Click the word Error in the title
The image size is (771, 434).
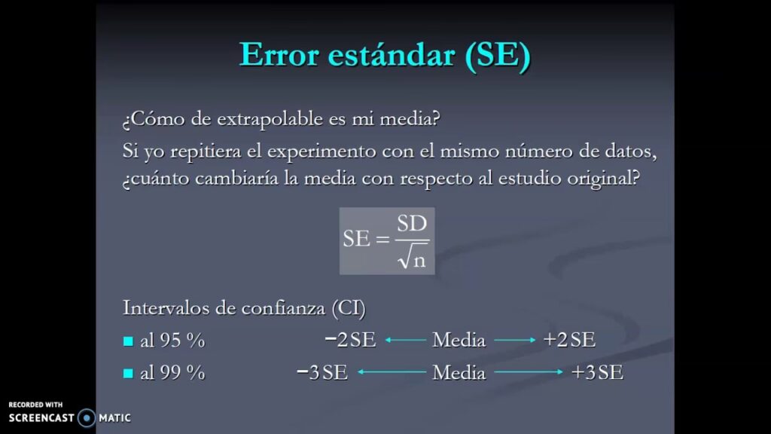[279, 54]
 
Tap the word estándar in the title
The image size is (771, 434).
[392, 54]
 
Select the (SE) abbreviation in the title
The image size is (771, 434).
[498, 55]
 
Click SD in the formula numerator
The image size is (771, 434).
[412, 224]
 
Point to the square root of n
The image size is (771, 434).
[412, 256]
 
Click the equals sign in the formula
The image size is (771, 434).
[382, 239]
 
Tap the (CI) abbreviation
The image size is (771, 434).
[349, 308]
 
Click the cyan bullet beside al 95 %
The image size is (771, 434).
[128, 341]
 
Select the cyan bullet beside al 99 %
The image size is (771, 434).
[128, 374]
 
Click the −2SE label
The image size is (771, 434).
[351, 340]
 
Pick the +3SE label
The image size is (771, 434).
[597, 372]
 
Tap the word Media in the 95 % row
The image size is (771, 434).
[459, 340]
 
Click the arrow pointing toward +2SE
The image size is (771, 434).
[515, 340]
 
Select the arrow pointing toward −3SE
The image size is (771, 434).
[392, 372]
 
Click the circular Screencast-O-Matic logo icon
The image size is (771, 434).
[87, 418]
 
